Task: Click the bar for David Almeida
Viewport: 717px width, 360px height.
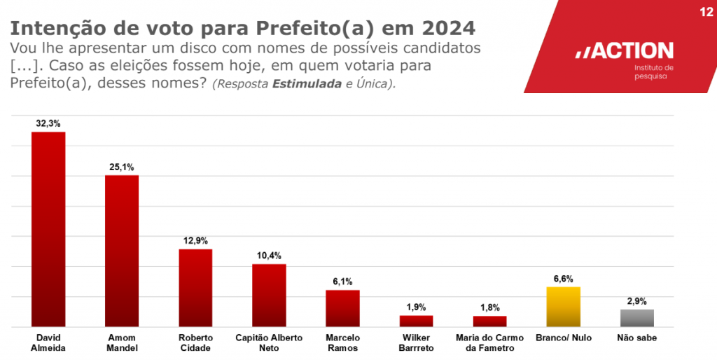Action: click(48, 229)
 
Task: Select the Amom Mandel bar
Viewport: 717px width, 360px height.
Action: click(122, 251)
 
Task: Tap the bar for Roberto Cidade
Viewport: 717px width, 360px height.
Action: click(195, 288)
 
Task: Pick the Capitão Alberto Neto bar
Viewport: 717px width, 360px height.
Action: click(269, 295)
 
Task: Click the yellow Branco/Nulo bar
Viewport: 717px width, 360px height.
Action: click(564, 307)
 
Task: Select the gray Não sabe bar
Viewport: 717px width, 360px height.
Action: click(637, 318)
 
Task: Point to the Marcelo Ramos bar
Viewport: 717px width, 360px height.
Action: click(342, 308)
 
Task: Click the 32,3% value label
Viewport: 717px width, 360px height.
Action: click(48, 123)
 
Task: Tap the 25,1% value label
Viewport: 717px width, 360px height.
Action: click(122, 167)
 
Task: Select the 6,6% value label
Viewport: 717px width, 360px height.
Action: click(564, 279)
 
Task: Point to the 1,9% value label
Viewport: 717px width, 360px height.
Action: click(416, 307)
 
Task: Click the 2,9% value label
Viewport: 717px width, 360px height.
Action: click(637, 301)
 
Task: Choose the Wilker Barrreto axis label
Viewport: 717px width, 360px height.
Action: click(416, 342)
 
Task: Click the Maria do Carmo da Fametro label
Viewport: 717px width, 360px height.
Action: click(489, 342)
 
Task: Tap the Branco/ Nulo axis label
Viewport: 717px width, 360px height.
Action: click(564, 338)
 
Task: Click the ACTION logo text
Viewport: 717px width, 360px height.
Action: click(625, 51)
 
